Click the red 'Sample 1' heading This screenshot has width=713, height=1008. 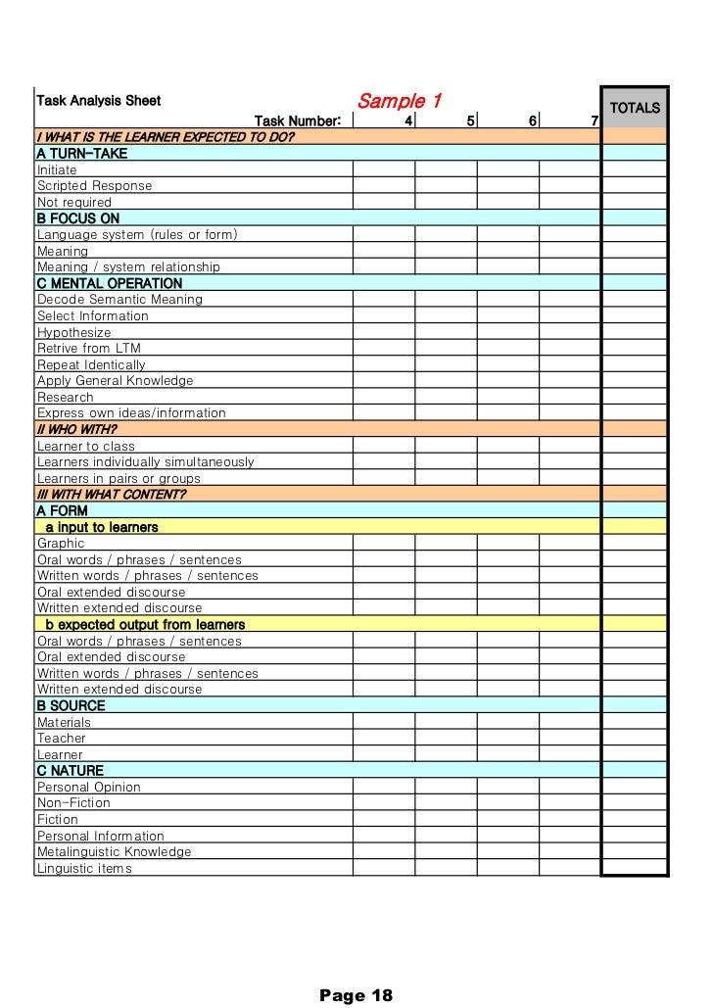400,101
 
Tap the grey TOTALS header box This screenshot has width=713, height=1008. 635,108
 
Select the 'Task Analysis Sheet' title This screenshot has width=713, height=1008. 99,100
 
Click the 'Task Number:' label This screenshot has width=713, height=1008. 298,120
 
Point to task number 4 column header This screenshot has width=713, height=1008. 408,120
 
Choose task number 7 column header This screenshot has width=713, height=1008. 594,120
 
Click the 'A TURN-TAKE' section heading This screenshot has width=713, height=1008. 82,154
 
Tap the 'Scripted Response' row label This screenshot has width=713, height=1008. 94,186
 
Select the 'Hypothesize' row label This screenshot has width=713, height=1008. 74,332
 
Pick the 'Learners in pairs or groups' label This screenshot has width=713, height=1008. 119,478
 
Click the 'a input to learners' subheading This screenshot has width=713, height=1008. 102,527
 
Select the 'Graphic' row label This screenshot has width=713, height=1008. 61,543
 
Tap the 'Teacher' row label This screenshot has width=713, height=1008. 62,738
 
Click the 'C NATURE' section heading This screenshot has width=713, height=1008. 70,771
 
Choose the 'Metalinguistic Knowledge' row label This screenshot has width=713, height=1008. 115,851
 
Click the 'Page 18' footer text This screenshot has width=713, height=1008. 356,995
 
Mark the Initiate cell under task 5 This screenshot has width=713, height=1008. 446,169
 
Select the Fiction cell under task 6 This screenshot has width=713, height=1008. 508,819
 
